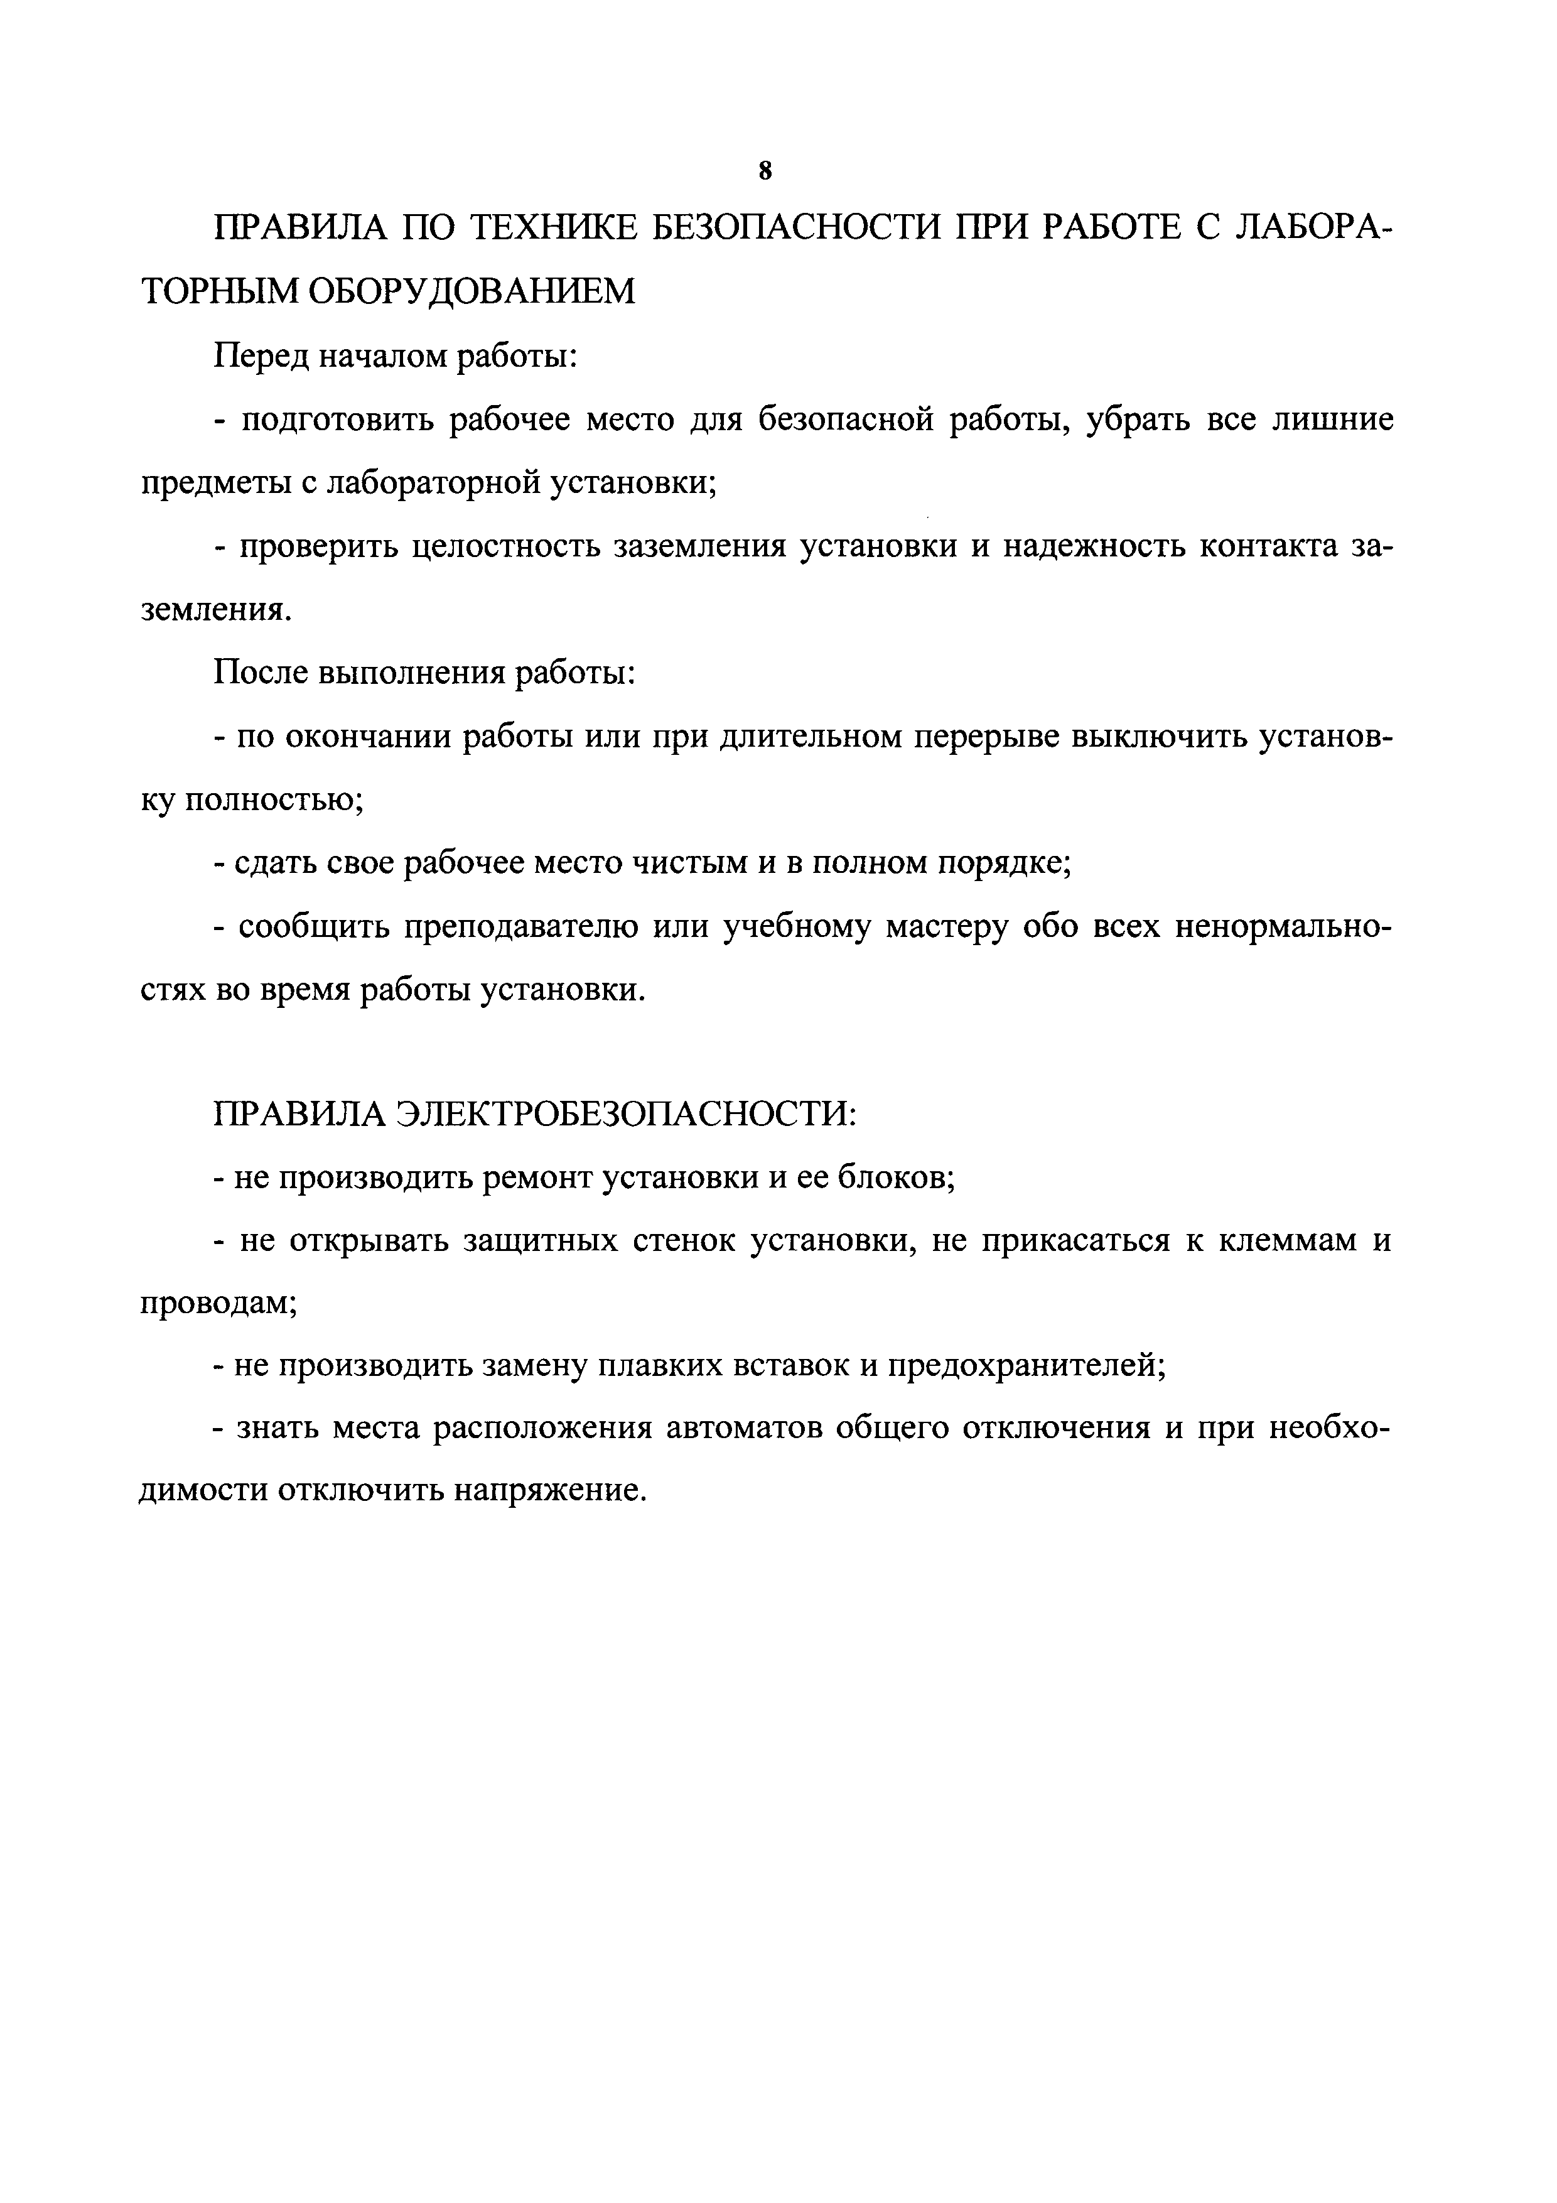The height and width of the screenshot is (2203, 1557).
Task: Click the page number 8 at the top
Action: (765, 171)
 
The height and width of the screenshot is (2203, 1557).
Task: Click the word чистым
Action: (688, 863)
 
